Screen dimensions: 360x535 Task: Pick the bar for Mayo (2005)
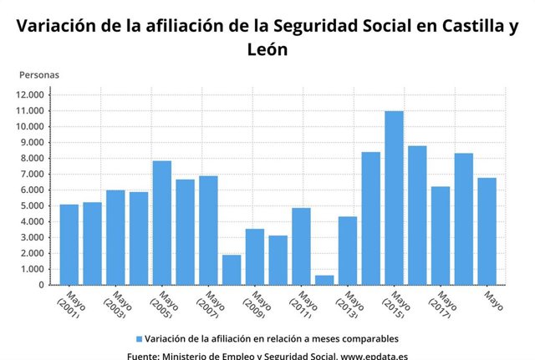click(x=162, y=222)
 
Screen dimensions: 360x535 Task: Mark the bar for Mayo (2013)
click(x=348, y=251)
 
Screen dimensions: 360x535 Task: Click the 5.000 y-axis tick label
click(x=33, y=205)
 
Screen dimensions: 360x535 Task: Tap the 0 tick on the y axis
click(x=42, y=286)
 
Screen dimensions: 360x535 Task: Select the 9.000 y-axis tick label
click(x=33, y=142)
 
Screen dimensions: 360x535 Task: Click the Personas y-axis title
click(x=39, y=74)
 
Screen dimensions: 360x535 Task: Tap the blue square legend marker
click(x=138, y=339)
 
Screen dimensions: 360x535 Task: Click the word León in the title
click(x=267, y=49)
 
